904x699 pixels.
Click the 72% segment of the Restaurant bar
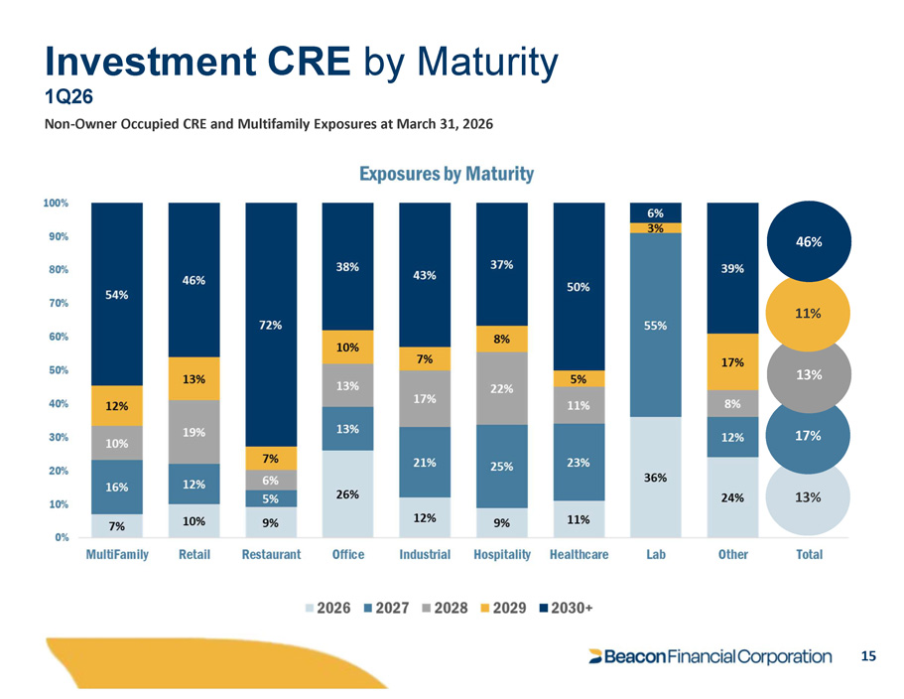[271, 325]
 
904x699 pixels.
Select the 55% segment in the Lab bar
[656, 326]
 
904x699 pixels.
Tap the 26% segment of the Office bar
[347, 493]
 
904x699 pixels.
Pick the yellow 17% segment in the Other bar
[732, 362]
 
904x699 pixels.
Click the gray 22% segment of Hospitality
[501, 388]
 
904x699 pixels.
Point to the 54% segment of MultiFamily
[117, 294]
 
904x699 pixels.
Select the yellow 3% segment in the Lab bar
[656, 227]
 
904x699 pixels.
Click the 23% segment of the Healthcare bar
[579, 462]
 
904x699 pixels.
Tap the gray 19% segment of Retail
[194, 432]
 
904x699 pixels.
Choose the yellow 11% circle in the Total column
[809, 314]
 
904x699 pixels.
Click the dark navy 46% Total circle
[809, 241]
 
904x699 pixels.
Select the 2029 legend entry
[503, 608]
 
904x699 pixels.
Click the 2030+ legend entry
[567, 608]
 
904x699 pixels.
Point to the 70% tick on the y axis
[57, 303]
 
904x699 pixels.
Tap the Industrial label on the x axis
[425, 554]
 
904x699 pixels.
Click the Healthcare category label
[579, 554]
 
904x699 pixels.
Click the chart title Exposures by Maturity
[447, 174]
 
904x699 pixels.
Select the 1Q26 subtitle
[69, 96]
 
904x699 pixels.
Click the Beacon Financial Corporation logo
[710, 656]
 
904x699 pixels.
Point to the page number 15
[868, 655]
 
